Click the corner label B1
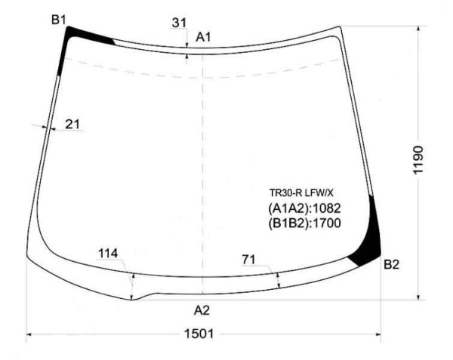(59, 20)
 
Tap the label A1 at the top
(203, 37)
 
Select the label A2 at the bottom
(202, 310)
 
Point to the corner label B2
(391, 264)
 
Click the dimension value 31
(179, 23)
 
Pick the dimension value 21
(72, 124)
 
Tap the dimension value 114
(108, 254)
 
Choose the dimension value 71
(249, 260)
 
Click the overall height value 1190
(418, 160)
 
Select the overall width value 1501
(199, 334)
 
